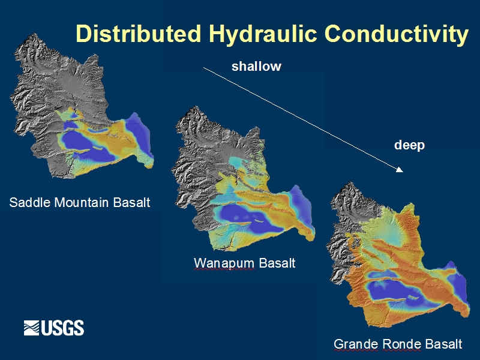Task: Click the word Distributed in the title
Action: point(139,33)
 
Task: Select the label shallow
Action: point(256,67)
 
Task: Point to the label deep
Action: point(409,145)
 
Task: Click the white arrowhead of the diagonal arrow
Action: point(400,169)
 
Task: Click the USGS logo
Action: point(54,328)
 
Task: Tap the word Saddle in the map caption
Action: point(29,202)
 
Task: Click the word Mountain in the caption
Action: point(82,202)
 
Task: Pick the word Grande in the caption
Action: point(356,344)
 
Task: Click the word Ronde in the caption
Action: point(401,344)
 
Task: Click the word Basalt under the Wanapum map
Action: point(277,263)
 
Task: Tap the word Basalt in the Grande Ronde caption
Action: point(443,344)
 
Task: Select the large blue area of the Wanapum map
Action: point(245,217)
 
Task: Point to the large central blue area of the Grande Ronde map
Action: point(395,291)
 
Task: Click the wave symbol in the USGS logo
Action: point(32,328)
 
